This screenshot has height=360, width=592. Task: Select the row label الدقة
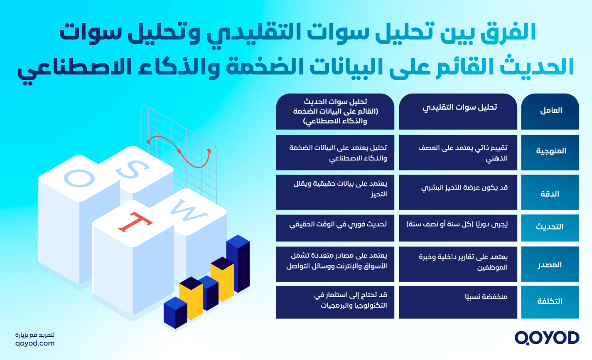pyautogui.click(x=550, y=194)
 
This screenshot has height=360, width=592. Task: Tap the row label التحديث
pyautogui.click(x=550, y=227)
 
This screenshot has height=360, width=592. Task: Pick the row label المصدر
pyautogui.click(x=550, y=265)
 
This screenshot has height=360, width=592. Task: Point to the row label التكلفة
pyautogui.click(x=550, y=301)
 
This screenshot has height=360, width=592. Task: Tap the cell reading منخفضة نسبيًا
pyautogui.click(x=486, y=297)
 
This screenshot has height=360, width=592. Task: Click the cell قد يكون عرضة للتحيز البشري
pyautogui.click(x=464, y=188)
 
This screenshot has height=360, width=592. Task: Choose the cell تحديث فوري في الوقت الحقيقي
pyautogui.click(x=338, y=224)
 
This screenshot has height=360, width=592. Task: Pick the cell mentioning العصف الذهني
pyautogui.click(x=462, y=153)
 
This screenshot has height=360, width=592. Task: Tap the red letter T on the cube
pyautogui.click(x=135, y=222)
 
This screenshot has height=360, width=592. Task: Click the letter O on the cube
pyautogui.click(x=79, y=178)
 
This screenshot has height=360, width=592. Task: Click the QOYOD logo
pyautogui.click(x=547, y=338)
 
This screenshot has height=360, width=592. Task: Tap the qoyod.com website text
pyautogui.click(x=35, y=343)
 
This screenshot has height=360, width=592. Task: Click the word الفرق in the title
pyautogui.click(x=511, y=33)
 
